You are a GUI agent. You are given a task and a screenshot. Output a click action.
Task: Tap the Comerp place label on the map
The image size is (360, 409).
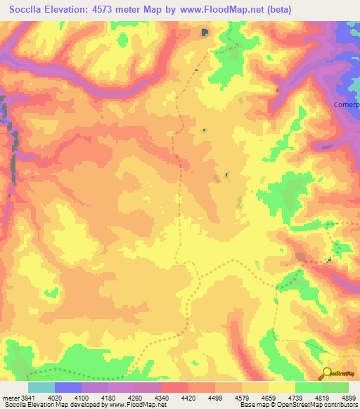coord(346,105)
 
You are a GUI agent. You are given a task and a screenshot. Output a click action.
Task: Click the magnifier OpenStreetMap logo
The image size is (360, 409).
coord(327,373)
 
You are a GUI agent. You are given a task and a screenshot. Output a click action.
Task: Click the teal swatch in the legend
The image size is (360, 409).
coord(41,387)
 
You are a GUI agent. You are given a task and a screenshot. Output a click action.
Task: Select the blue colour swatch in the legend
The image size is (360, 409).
coord(67,387)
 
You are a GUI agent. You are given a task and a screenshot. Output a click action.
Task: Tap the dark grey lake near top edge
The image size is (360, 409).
coord(205,32)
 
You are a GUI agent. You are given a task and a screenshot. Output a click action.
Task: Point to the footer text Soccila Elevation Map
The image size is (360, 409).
coord(32,405)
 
